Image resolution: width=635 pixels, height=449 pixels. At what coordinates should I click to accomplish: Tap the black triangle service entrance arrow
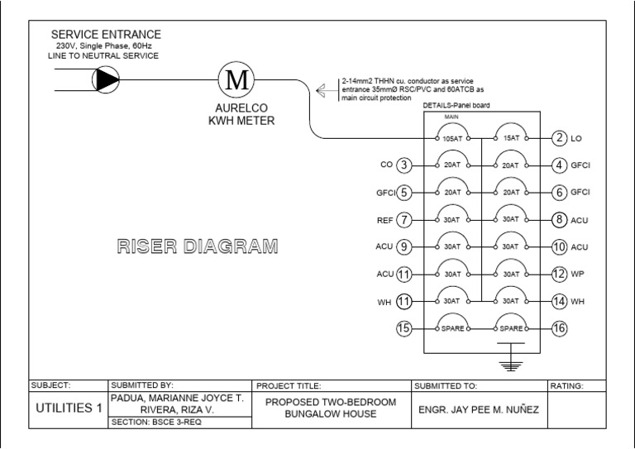point(107,79)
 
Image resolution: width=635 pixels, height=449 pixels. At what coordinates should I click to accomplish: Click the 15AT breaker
point(510,139)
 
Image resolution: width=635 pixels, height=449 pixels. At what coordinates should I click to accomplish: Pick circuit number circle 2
point(560,138)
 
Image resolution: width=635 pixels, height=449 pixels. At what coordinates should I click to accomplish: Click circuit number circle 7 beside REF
point(403,220)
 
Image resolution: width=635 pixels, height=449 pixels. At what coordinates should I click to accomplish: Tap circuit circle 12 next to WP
point(560,274)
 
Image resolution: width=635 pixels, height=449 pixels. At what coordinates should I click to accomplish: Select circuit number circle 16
point(560,328)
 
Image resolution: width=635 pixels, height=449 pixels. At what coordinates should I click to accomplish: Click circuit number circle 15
point(403,328)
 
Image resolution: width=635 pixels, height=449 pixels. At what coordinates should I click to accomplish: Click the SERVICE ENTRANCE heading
point(107,35)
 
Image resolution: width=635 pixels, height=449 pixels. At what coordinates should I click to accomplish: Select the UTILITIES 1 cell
point(69,408)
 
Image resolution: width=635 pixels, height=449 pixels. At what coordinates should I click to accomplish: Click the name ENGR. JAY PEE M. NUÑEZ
point(478,408)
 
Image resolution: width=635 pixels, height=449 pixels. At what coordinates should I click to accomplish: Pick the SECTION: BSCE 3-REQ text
point(157,422)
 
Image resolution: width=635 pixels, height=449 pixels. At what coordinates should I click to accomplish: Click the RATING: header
point(567,385)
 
